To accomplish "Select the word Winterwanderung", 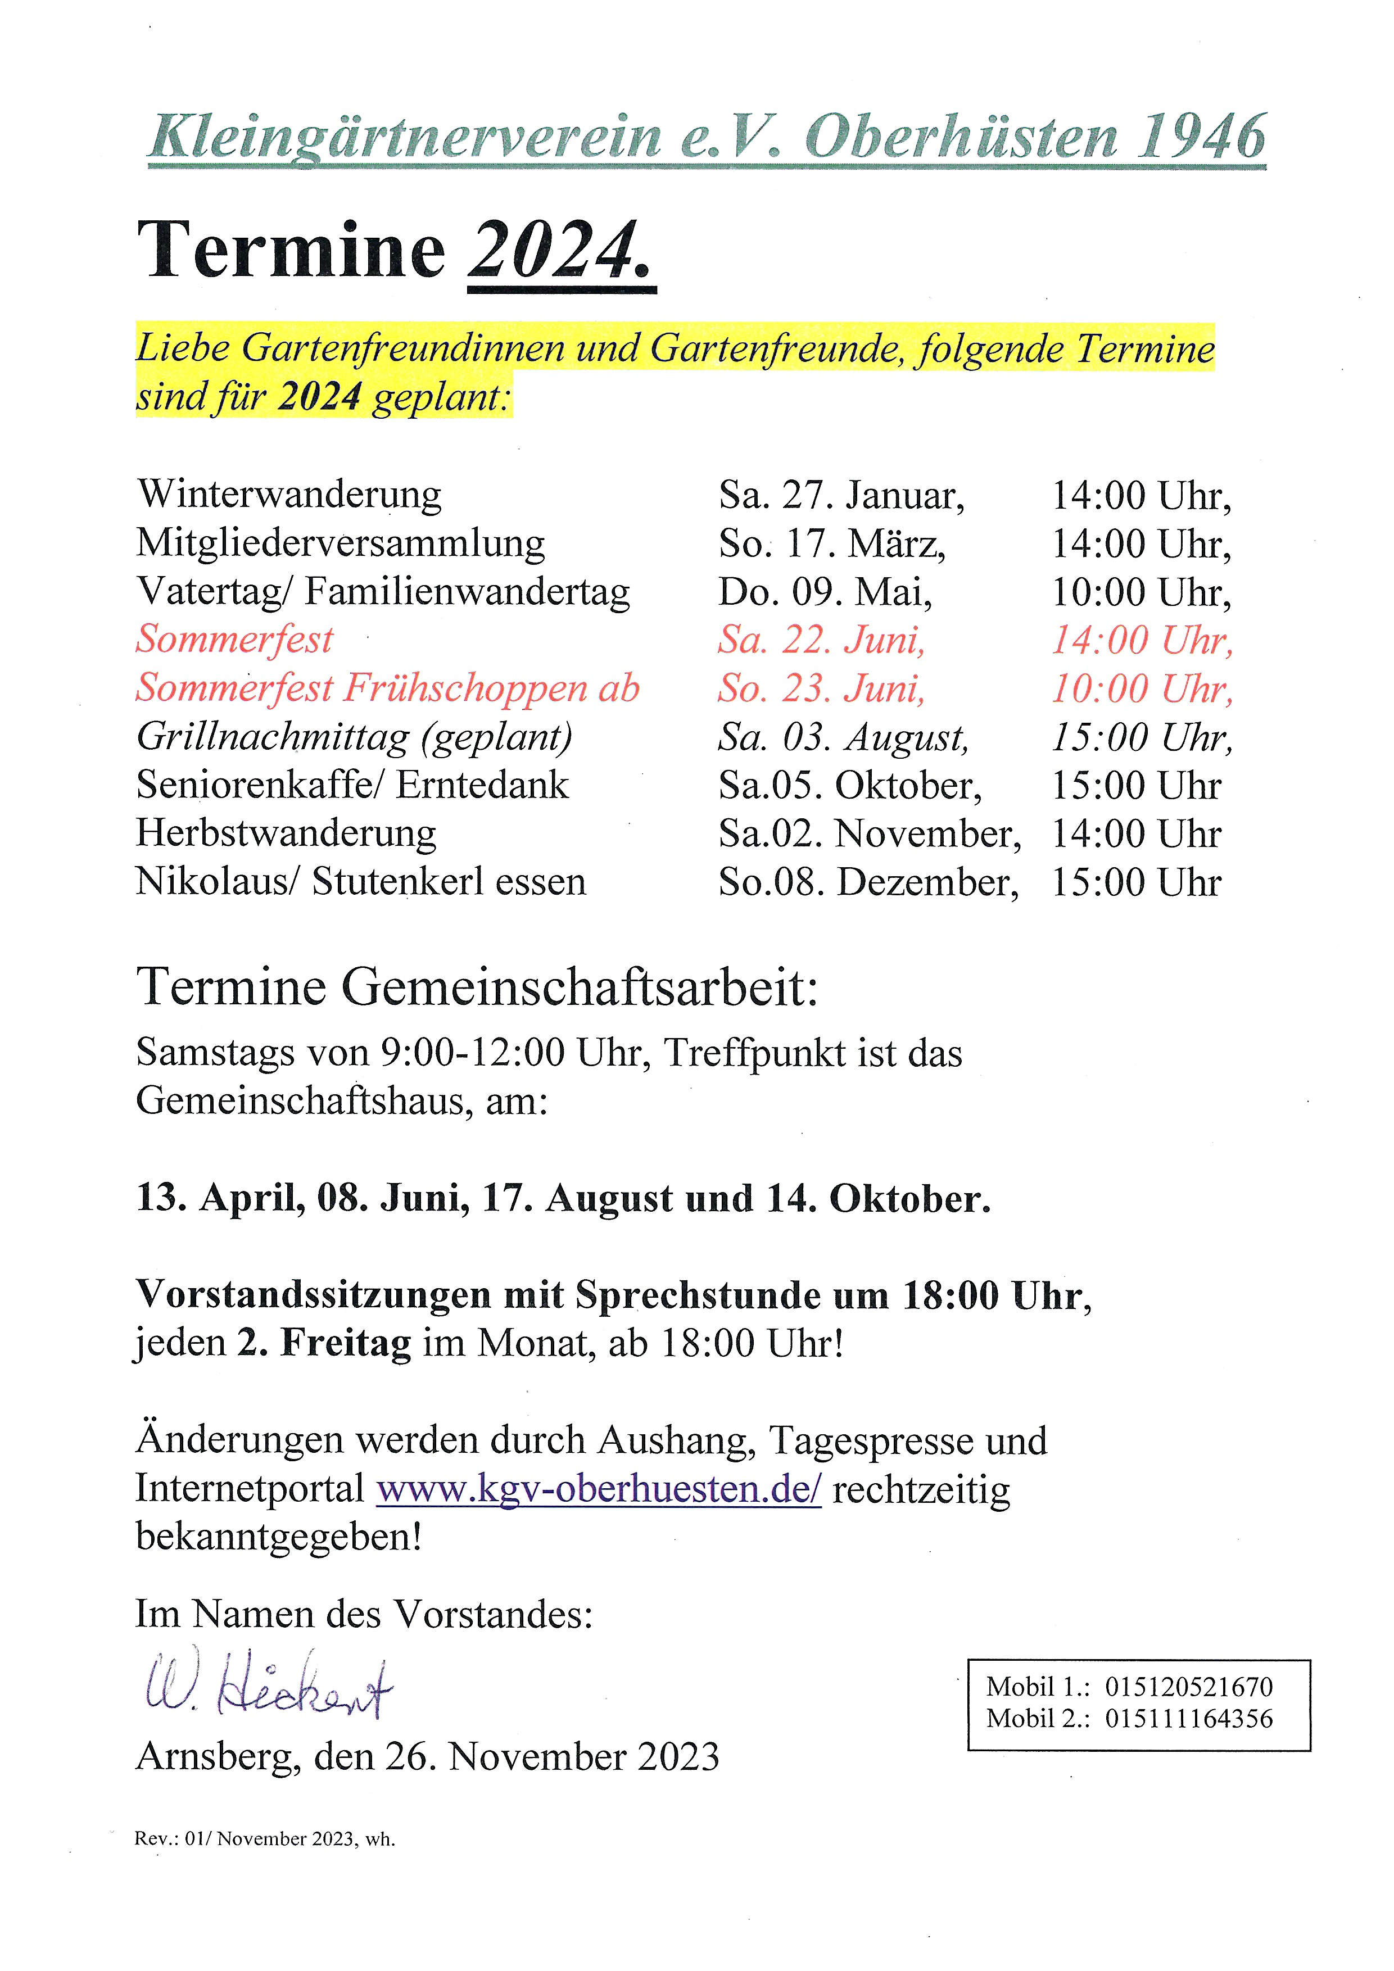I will coord(289,495).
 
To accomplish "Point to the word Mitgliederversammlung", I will coord(341,544).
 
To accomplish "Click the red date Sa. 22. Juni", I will coord(821,640).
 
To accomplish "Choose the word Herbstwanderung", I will coord(286,833).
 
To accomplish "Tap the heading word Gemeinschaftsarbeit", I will coord(580,987).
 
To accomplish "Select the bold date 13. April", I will coord(220,1198).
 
